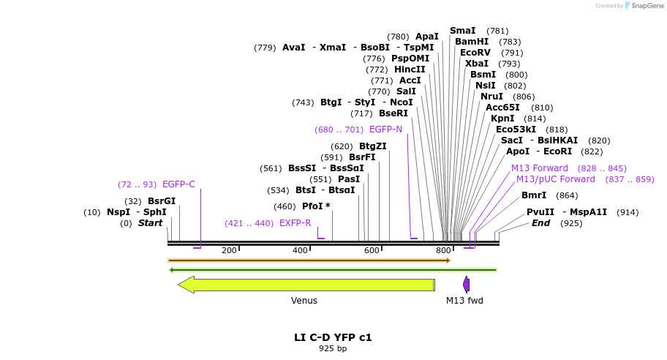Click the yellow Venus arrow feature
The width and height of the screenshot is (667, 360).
(x=307, y=285)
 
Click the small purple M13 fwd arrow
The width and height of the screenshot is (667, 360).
(x=466, y=285)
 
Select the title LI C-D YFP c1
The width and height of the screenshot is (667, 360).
(x=333, y=337)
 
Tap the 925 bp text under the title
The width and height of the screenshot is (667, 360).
(x=333, y=349)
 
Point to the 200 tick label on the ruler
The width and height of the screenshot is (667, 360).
(x=229, y=251)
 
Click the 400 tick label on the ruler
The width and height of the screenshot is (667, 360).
(x=300, y=251)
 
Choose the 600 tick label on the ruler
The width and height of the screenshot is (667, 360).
(x=372, y=251)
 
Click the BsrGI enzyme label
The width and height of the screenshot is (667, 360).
(x=162, y=201)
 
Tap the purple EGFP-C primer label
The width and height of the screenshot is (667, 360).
(x=178, y=184)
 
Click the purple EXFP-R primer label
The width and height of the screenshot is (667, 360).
(x=295, y=223)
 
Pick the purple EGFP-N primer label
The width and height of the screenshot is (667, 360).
(x=385, y=130)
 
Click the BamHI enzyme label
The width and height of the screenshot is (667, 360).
(x=472, y=42)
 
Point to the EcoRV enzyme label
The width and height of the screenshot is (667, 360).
(x=475, y=53)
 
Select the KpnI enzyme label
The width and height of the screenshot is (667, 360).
(x=502, y=119)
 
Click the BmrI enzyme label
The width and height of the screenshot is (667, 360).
(x=534, y=195)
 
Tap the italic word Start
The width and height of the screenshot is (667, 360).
(x=150, y=223)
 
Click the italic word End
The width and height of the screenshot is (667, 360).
(x=540, y=223)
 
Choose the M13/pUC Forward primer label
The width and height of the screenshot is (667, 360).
(x=556, y=179)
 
